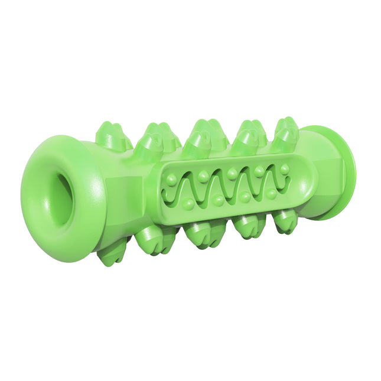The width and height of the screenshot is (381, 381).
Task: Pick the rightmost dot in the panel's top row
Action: point(285,169)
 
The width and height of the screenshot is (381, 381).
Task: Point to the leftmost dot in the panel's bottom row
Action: point(188,203)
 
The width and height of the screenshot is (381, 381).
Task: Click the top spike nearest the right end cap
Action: point(286,133)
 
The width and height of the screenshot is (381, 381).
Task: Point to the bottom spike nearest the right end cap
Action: point(285,222)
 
